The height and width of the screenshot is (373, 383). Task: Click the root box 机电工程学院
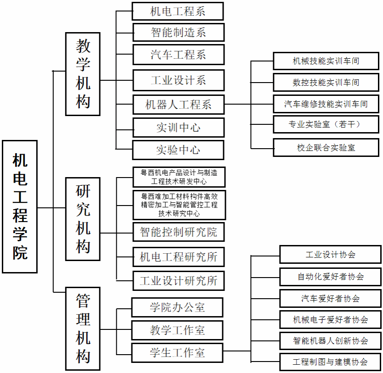[x=20, y=206]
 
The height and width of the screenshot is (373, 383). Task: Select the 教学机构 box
[x=83, y=74]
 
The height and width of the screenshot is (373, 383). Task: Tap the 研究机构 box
[x=83, y=219]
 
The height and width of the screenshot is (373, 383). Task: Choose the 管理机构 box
[x=83, y=328]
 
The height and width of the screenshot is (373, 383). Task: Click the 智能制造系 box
[x=178, y=33]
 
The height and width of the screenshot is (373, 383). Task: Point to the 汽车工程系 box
[x=178, y=55]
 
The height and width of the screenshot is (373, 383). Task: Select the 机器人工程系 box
[x=178, y=105]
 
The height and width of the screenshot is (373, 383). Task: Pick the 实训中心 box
[x=178, y=128]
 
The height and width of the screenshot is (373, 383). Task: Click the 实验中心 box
[x=178, y=150]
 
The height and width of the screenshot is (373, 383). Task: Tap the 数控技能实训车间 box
[x=326, y=83]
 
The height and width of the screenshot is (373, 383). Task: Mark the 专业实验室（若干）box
[x=326, y=124]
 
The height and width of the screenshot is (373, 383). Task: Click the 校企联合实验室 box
[x=326, y=148]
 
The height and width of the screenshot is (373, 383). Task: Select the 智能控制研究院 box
[x=179, y=232]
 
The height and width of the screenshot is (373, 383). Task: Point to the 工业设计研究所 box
[x=179, y=281]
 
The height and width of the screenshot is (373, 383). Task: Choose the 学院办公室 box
[x=177, y=307]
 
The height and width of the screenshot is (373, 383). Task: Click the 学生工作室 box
[x=177, y=353]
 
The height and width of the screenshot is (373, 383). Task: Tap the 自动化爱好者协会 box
[x=330, y=277]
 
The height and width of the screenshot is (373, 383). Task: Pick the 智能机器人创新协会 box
[x=330, y=341]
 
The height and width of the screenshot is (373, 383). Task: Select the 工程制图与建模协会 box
[x=330, y=362]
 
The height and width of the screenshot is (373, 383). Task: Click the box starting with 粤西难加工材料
[x=179, y=205]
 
